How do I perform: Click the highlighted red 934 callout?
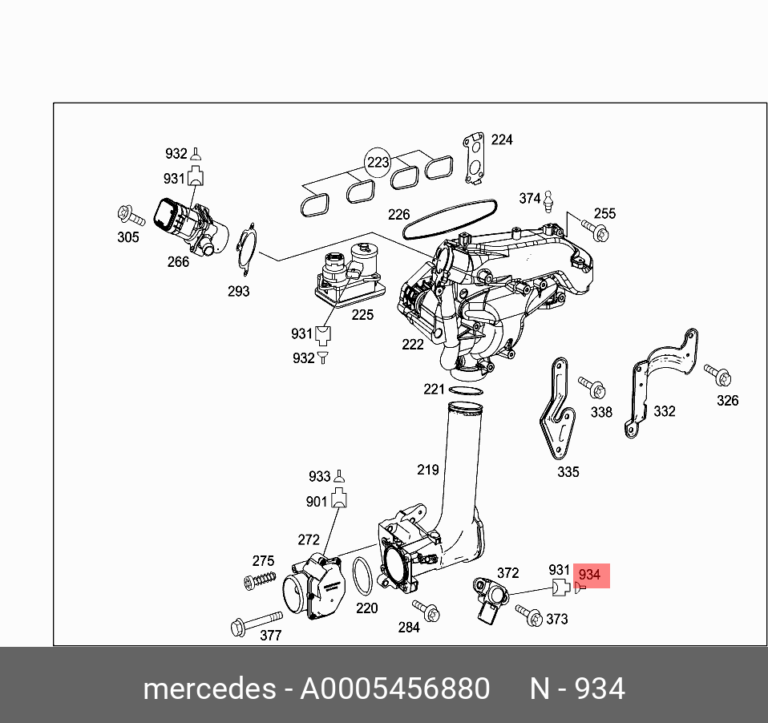pyautogui.click(x=589, y=576)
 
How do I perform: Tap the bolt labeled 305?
pyautogui.click(x=130, y=216)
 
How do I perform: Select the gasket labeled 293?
pyautogui.click(x=246, y=248)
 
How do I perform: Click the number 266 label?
pyautogui.click(x=178, y=262)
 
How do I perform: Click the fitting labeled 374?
pyautogui.click(x=550, y=200)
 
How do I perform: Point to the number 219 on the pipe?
pyautogui.click(x=428, y=469)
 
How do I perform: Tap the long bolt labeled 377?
pyautogui.click(x=256, y=623)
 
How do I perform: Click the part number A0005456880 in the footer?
pyautogui.click(x=394, y=689)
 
